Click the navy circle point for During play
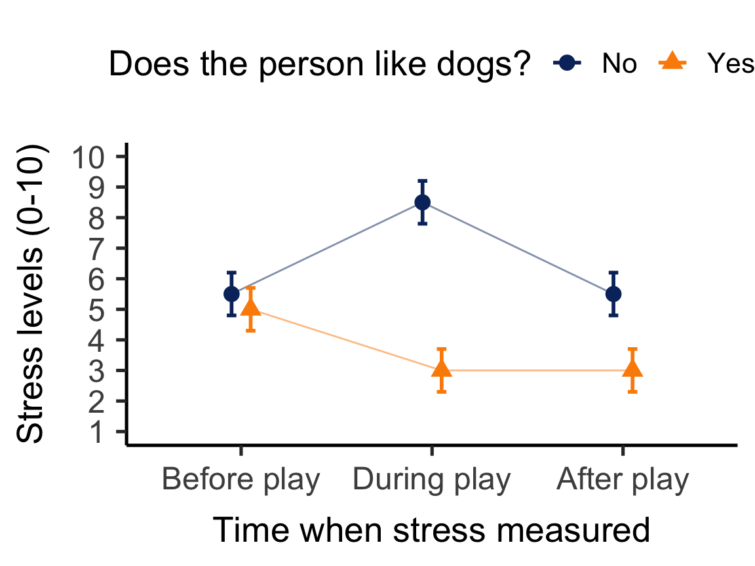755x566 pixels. pyautogui.click(x=423, y=202)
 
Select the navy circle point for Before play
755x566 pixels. pyautogui.click(x=231, y=293)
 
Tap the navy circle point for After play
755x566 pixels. pyautogui.click(x=613, y=293)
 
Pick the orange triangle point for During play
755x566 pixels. pyautogui.click(x=442, y=369)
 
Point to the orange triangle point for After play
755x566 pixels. pyautogui.click(x=632, y=369)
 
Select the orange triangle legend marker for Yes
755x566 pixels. pyautogui.click(x=670, y=62)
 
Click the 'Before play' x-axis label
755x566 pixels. pyautogui.click(x=241, y=480)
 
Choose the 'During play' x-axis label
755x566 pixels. pyautogui.click(x=431, y=480)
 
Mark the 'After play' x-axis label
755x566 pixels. pyautogui.click(x=623, y=480)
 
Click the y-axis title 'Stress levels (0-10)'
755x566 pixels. pyautogui.click(x=31, y=293)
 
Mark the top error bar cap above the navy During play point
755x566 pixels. pyautogui.click(x=423, y=180)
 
